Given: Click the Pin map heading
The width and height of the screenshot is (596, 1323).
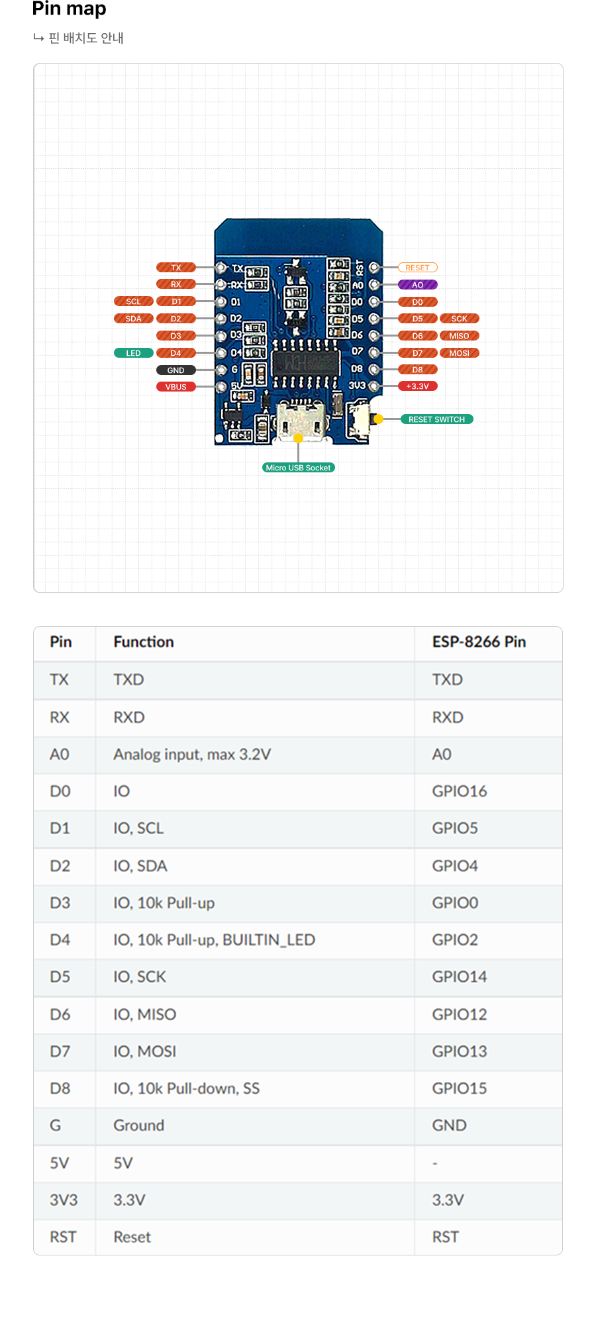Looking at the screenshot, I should point(69,9).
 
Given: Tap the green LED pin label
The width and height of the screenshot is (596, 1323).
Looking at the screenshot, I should point(134,353).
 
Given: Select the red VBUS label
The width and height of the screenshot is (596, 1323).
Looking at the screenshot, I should point(176,387).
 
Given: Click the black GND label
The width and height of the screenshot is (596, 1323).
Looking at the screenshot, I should point(176,370).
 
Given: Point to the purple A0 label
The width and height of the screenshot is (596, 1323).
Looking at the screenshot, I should point(418,285).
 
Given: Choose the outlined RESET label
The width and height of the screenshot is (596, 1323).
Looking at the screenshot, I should point(418,268).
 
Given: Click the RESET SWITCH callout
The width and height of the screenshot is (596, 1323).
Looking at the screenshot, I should point(436,419).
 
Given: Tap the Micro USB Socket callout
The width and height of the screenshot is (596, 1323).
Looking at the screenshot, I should point(299,468).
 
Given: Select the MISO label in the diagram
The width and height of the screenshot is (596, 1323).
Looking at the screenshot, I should point(460,336).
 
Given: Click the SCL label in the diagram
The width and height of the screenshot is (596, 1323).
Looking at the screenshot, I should point(134,301).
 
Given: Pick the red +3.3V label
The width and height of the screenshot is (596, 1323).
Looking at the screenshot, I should point(418,386).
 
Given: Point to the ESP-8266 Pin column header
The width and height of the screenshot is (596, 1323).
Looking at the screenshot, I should point(479,642).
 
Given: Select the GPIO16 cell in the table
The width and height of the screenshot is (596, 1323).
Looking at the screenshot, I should point(460,791).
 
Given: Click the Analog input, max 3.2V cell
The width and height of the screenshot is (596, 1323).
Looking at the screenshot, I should point(192,755).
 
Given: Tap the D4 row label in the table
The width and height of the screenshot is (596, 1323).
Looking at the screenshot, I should point(60,940).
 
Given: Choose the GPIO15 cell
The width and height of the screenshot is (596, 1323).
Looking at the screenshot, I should point(460,1088).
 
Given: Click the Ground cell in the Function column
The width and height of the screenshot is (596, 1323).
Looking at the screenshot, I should point(139,1126).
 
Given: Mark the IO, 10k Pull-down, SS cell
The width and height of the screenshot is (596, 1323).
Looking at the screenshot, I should point(187,1088).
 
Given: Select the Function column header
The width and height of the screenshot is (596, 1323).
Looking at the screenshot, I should point(144,642).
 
